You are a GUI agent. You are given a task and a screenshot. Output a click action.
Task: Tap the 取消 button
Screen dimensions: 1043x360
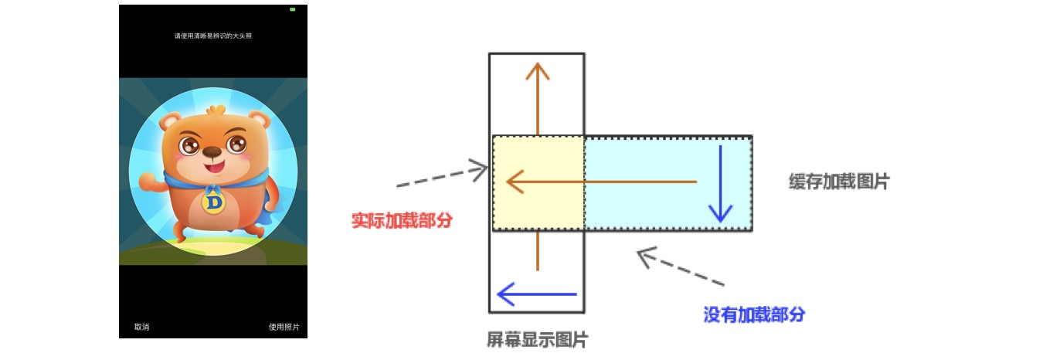tap(141, 327)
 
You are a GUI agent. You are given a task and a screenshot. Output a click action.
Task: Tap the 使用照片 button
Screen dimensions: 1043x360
tap(284, 327)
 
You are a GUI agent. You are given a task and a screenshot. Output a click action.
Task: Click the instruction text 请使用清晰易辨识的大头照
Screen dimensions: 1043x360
tap(212, 36)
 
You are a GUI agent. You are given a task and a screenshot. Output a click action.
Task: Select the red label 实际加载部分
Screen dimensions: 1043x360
tap(402, 220)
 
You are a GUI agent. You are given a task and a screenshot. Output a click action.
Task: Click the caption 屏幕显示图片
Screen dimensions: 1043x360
tap(537, 340)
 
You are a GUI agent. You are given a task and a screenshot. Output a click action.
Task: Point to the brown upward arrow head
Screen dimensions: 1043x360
tap(537, 71)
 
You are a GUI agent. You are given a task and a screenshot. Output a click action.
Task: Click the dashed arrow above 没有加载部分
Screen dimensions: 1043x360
tap(680, 267)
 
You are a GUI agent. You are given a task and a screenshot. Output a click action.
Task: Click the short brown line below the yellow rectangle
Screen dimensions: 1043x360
tap(537, 251)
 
